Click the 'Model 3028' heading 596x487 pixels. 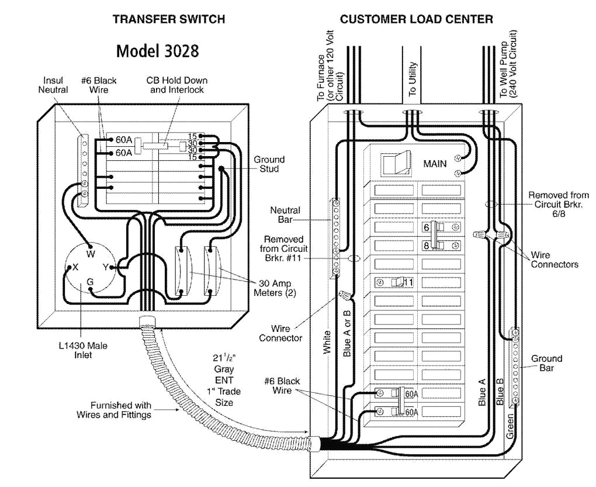[x=158, y=51]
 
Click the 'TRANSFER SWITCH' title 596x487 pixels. [x=169, y=19]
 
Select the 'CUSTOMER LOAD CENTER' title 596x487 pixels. [x=417, y=19]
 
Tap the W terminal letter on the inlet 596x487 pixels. [x=91, y=254]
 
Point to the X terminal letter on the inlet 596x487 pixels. [x=75, y=267]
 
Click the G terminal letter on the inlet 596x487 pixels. [x=90, y=281]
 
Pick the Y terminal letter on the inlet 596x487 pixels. [x=105, y=267]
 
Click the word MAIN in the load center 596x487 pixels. [x=435, y=164]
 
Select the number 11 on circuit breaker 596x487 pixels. [x=408, y=282]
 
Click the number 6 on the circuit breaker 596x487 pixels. [x=427, y=227]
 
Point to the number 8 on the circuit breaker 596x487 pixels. [x=427, y=246]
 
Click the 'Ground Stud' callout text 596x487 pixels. [x=269, y=164]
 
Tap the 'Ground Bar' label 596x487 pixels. [x=546, y=362]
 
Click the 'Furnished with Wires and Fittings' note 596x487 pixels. [x=113, y=410]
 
